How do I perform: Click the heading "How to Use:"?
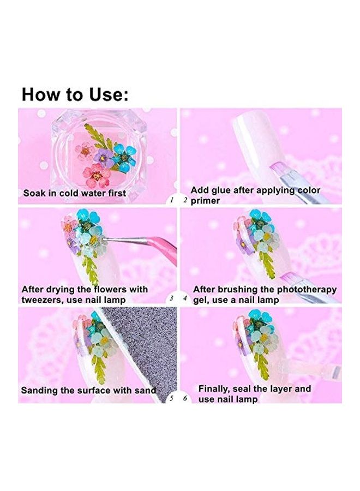pos(75,94)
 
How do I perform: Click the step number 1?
pos(171,200)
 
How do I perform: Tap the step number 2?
pos(185,200)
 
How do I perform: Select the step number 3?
pos(171,299)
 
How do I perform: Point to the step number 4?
pos(185,299)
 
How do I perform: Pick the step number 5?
pos(171,399)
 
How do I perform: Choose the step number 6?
pos(185,399)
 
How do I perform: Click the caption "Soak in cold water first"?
pos(74,193)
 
